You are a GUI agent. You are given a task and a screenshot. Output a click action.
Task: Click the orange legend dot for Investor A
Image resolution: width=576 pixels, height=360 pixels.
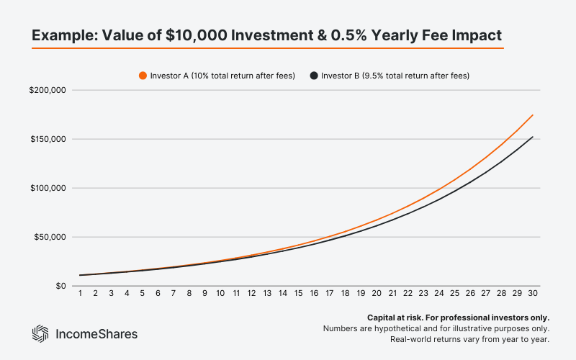(143, 75)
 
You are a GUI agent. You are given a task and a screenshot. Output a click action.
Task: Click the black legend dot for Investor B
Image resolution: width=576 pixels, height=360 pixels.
(313, 75)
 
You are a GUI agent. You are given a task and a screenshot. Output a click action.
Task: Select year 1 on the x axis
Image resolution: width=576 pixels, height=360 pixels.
(81, 294)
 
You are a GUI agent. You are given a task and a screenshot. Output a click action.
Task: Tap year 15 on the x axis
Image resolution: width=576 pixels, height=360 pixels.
(299, 294)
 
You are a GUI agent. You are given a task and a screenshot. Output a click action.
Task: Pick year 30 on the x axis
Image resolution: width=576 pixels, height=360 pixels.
(532, 294)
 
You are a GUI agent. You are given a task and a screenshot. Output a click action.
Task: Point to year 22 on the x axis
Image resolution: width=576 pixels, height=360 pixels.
(408, 294)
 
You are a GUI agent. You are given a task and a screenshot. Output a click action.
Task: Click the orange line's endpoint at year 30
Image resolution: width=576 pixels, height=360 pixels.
(532, 115)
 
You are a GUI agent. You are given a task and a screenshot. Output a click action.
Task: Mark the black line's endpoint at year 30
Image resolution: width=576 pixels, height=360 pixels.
(532, 137)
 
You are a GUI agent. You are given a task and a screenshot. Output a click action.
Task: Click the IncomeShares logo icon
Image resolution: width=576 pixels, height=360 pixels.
(40, 333)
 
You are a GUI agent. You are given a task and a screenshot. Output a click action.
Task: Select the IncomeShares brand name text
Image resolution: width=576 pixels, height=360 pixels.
(96, 333)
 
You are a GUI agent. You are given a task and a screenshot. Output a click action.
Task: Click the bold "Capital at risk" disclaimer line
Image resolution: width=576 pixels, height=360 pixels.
(458, 317)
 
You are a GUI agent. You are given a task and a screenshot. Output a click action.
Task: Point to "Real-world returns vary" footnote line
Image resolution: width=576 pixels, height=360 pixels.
(469, 338)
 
